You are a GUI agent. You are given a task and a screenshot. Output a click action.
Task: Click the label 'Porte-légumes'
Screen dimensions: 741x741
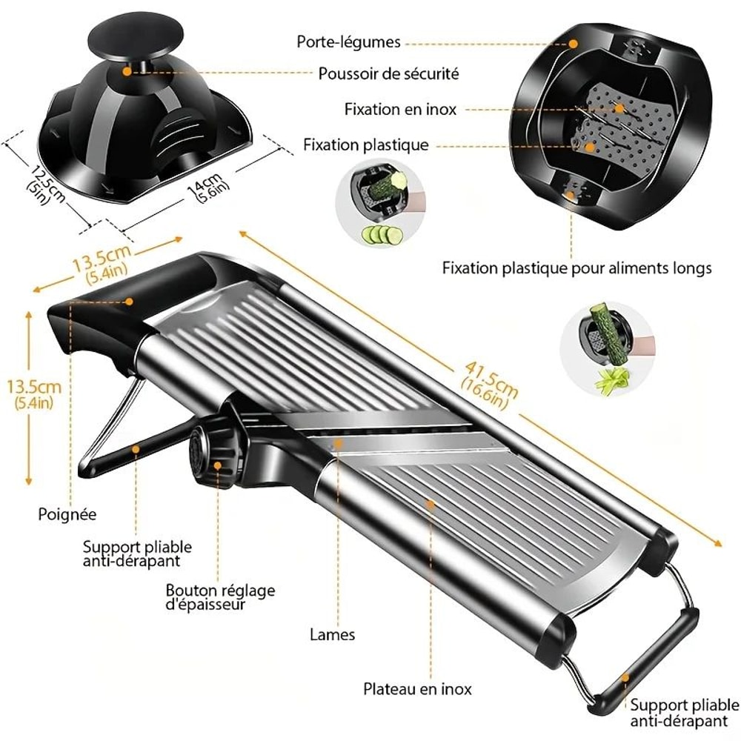pyautogui.click(x=349, y=41)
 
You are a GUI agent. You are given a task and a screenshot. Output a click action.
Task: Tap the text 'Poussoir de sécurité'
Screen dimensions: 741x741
pyautogui.click(x=388, y=74)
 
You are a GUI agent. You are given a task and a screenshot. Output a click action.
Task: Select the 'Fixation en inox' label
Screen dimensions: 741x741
pyautogui.click(x=400, y=110)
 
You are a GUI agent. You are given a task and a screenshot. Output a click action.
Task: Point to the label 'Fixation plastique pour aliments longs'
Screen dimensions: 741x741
pyautogui.click(x=576, y=268)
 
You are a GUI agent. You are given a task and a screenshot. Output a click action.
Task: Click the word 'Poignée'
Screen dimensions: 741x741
pyautogui.click(x=67, y=513)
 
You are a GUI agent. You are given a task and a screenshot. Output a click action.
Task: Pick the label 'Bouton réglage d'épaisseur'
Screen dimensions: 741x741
pyautogui.click(x=220, y=597)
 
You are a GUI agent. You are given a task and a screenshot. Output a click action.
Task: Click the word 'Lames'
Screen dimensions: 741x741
pyautogui.click(x=332, y=634)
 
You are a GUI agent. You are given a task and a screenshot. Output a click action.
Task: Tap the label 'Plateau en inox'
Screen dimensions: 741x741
pyautogui.click(x=417, y=689)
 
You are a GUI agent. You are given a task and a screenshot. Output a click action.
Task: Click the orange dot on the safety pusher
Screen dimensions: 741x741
pyautogui.click(x=127, y=72)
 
